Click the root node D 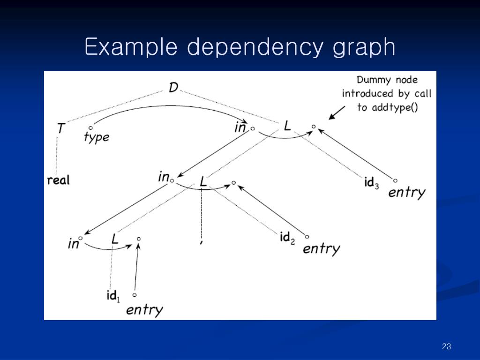click(x=173, y=87)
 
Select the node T click(x=60, y=127)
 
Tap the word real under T click(x=58, y=180)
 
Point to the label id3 click(x=371, y=182)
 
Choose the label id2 click(x=287, y=238)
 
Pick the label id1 click(x=113, y=296)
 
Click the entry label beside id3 click(x=406, y=192)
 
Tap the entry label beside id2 click(x=321, y=248)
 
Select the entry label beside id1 click(x=144, y=309)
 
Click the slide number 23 click(x=446, y=346)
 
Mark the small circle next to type click(x=90, y=127)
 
